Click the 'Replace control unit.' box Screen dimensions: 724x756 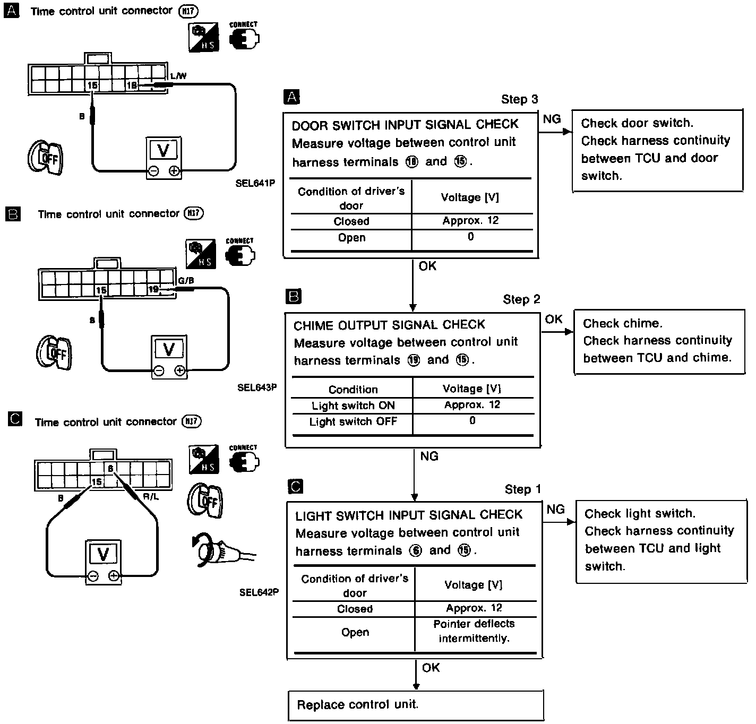coord(416,705)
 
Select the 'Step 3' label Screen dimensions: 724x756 coord(519,99)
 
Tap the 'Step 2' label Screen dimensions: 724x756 coord(521,299)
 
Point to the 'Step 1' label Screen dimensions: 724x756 coord(522,489)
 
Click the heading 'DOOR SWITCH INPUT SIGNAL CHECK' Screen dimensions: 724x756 coord(405,125)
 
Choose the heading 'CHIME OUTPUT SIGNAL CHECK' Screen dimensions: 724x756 coord(389,325)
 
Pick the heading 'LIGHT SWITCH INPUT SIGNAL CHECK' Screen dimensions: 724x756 coord(409,515)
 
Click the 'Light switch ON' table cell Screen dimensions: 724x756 coord(353,406)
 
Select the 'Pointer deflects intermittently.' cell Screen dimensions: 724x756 coord(474,631)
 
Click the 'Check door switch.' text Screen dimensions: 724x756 coord(637,123)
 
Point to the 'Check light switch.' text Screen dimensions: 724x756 coord(640,513)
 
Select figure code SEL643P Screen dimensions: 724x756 coord(257,387)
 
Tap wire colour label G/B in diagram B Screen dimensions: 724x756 coord(185,281)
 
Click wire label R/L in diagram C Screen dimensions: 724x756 coord(150,497)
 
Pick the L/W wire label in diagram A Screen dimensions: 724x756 coord(178,76)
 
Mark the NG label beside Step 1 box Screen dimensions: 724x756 coord(555,510)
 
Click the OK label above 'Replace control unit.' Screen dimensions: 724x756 coord(431,668)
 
